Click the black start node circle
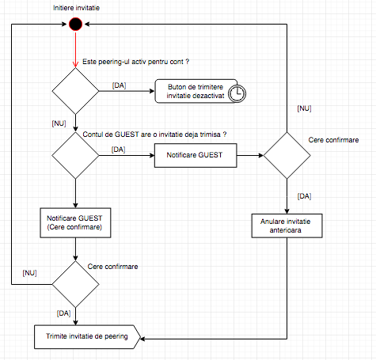[x=75, y=24]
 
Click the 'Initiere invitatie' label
[x=76, y=8]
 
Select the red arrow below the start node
[x=75, y=49]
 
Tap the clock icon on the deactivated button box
[x=237, y=93]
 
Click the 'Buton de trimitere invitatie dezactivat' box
[x=196, y=91]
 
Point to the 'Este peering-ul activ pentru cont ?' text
[x=136, y=62]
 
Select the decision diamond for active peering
[x=75, y=91]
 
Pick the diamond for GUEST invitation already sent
[x=75, y=155]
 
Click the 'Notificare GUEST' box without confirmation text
[x=196, y=155]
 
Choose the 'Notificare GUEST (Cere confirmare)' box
[x=75, y=223]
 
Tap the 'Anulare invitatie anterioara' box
[x=287, y=225]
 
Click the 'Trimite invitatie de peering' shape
[x=87, y=337]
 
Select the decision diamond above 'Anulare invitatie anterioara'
[x=287, y=155]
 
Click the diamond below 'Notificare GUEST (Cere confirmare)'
[x=75, y=284]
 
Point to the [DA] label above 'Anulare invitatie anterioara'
[x=304, y=196]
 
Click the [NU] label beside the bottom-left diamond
[x=29, y=273]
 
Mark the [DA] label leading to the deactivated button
[x=119, y=85]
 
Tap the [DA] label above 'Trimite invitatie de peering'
[x=63, y=313]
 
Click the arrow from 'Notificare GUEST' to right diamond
[x=250, y=155]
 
